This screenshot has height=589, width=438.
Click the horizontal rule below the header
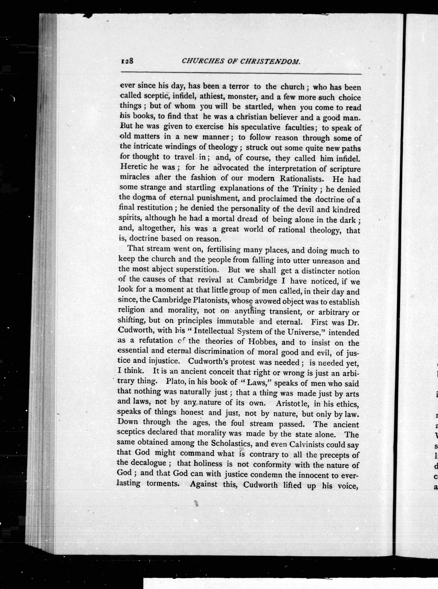pyautogui.click(x=241, y=73)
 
